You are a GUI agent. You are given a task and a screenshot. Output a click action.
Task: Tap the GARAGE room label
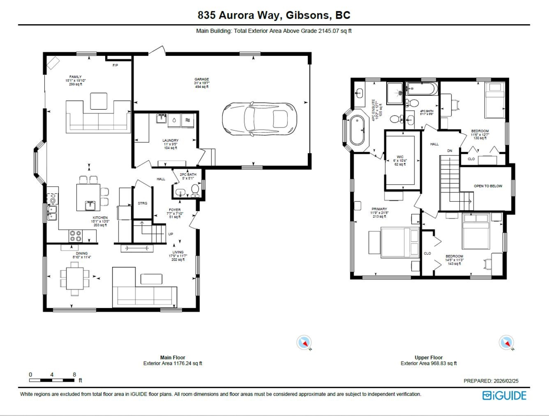[201, 79]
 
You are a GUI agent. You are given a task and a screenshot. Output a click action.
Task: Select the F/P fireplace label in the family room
[115, 66]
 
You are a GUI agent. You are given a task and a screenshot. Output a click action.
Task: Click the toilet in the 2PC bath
[195, 189]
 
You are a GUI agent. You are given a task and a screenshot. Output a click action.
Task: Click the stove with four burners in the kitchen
[75, 235]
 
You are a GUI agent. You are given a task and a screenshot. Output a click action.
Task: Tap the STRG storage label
[143, 203]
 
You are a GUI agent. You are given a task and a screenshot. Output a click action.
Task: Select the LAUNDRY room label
[170, 140]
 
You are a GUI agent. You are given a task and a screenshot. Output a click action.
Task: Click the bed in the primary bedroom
[400, 242]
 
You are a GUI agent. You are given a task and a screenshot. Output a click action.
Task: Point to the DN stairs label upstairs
[449, 150]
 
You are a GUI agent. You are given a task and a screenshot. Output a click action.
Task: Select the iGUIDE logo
[504, 395]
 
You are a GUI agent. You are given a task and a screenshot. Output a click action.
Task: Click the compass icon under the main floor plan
[304, 343]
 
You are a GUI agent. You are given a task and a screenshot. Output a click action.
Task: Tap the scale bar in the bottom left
[52, 380]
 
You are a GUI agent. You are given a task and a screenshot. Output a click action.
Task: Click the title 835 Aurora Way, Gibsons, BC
[274, 15]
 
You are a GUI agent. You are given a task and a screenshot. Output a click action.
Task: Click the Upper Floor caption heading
[429, 357]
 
